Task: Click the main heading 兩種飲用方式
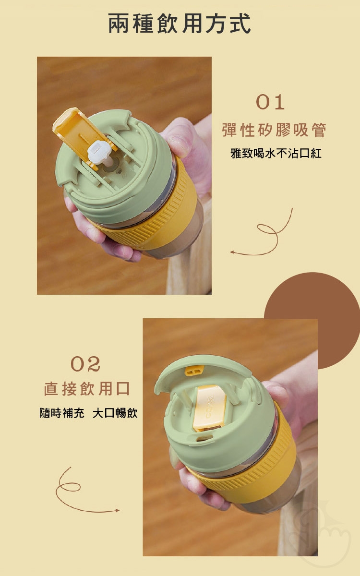[180, 24]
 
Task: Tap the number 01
[270, 102]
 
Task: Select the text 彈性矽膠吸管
[274, 130]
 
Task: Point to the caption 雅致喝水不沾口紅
[276, 154]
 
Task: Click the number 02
[85, 364]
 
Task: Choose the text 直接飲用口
[87, 388]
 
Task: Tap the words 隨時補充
[62, 413]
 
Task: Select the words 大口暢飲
[115, 413]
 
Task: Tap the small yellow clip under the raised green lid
[194, 370]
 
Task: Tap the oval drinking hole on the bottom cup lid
[204, 438]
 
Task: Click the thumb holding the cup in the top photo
[178, 139]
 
